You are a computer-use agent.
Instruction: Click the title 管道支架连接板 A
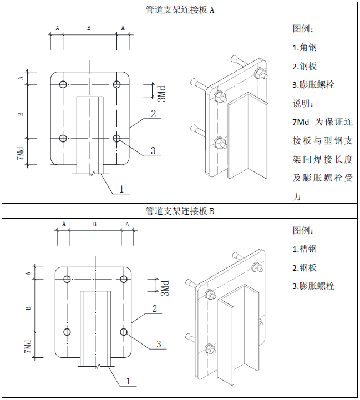180,9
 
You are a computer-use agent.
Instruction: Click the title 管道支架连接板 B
180,211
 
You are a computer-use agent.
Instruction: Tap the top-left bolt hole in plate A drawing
63,84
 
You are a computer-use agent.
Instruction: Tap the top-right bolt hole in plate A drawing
116,84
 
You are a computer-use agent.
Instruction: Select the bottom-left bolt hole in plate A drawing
63,138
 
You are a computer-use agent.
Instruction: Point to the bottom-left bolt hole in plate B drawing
67,332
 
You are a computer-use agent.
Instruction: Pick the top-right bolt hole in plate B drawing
124,279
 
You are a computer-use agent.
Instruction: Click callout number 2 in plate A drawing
153,114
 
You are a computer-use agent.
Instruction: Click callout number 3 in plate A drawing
153,150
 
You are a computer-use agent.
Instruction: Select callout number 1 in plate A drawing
121,189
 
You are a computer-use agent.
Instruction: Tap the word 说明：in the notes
303,103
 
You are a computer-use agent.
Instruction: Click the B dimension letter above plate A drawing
89,27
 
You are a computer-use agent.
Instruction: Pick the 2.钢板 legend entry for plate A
305,66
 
